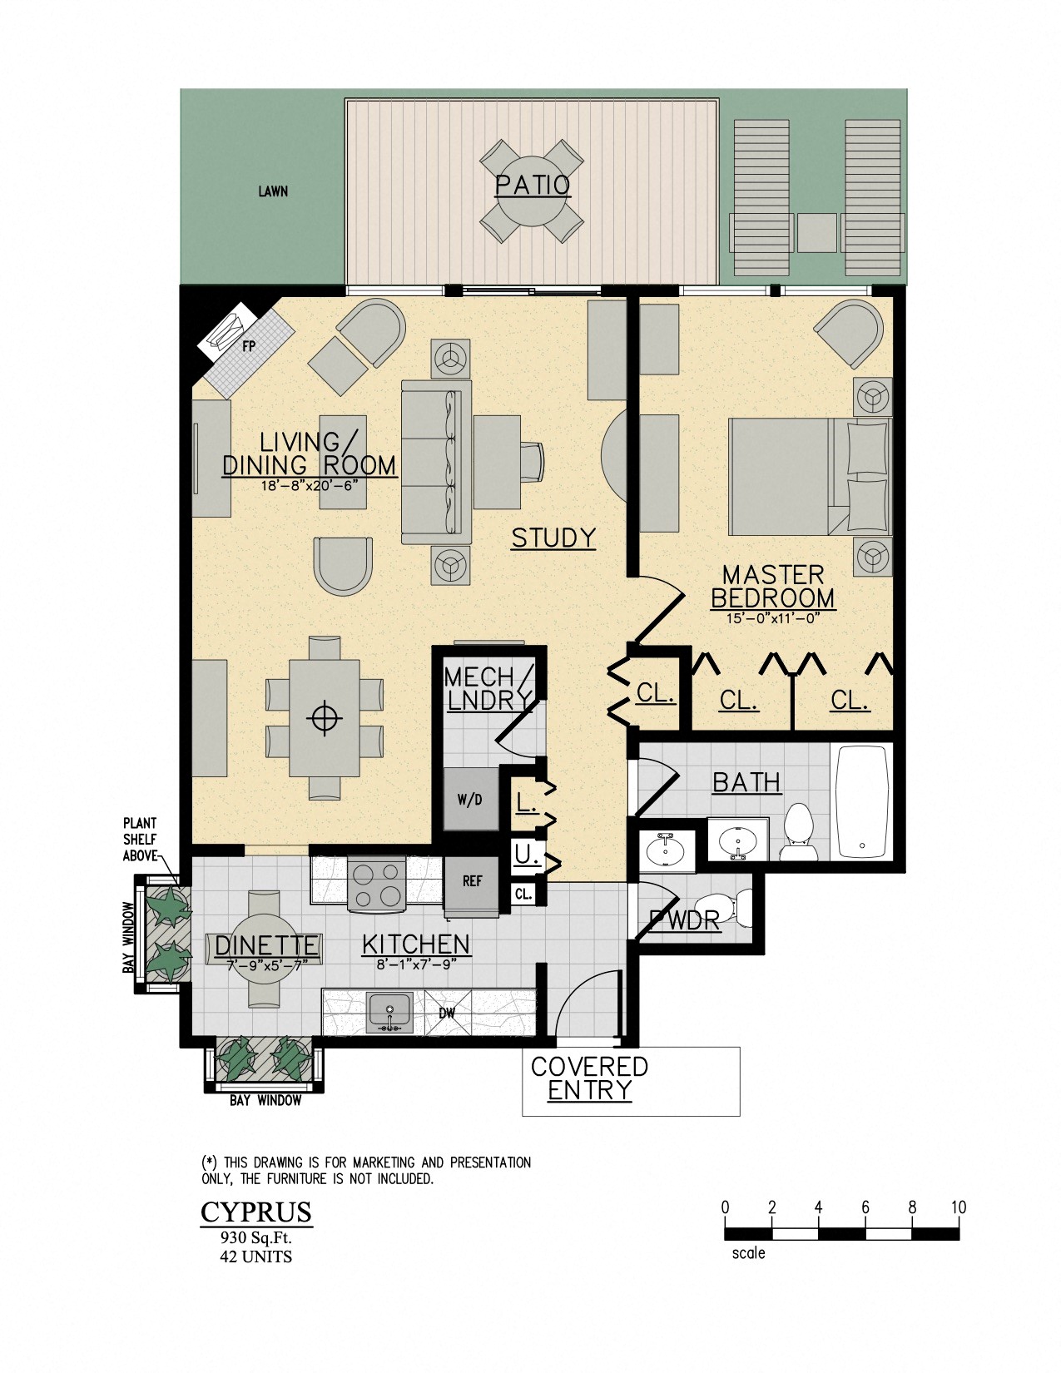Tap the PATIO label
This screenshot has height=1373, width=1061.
(x=533, y=185)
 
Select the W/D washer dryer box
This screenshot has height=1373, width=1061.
(x=470, y=800)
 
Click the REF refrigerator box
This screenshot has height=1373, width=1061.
(x=472, y=881)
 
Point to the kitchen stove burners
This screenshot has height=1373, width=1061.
(x=376, y=885)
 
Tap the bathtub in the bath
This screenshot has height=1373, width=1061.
(x=862, y=802)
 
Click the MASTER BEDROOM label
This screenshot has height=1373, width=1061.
(x=772, y=587)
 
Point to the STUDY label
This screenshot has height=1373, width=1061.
(x=553, y=538)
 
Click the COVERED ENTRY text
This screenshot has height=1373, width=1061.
(x=589, y=1078)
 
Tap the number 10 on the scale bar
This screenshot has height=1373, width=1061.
(x=958, y=1207)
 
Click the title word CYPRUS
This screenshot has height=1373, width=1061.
(x=256, y=1212)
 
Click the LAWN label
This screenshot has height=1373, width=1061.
(x=273, y=191)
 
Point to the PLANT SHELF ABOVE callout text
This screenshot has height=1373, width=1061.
(x=140, y=839)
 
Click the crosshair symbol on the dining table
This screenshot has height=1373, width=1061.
(x=325, y=717)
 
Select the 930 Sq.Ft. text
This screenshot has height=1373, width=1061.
(x=255, y=1237)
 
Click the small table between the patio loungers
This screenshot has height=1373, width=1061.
(x=816, y=233)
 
